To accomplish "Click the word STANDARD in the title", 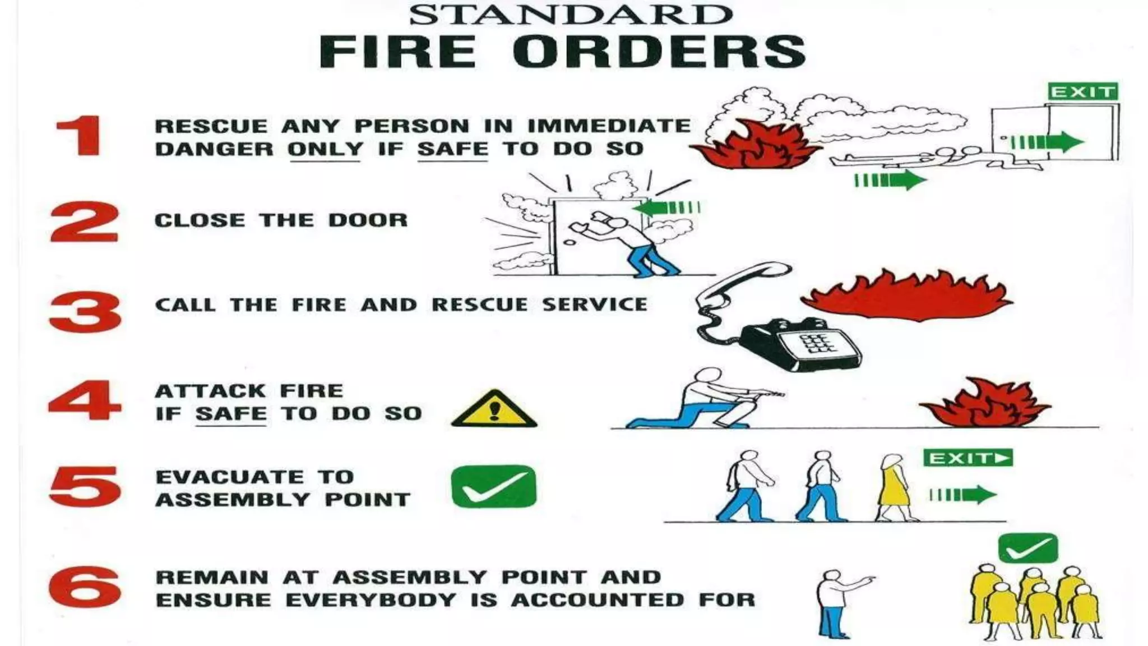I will (570, 15).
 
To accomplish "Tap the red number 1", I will (80, 136).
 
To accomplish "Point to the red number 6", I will (85, 587).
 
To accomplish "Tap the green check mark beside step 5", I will (493, 487).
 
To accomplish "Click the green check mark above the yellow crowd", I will (1028, 548).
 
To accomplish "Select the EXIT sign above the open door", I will (1082, 92).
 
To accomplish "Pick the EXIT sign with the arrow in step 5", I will (968, 458).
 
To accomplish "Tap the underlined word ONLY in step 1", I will (325, 149).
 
